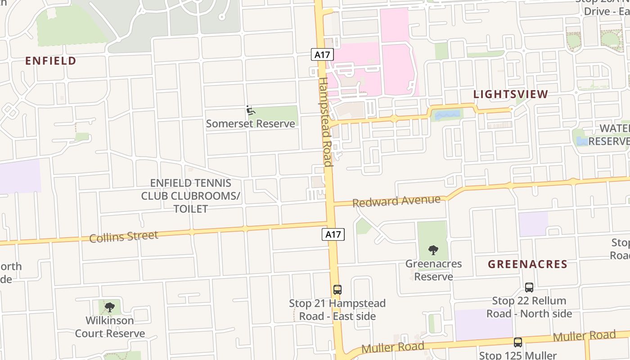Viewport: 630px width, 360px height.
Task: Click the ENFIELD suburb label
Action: pyautogui.click(x=50, y=61)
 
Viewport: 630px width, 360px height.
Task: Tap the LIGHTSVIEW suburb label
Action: pyautogui.click(x=511, y=94)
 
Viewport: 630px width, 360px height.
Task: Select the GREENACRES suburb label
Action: pyautogui.click(x=527, y=264)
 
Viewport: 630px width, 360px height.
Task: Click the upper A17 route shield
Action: pyautogui.click(x=322, y=55)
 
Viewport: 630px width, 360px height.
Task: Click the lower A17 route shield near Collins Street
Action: pyautogui.click(x=333, y=234)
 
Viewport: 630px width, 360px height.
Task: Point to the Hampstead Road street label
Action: pyautogui.click(x=325, y=121)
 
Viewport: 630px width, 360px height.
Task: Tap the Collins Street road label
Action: pyautogui.click(x=124, y=237)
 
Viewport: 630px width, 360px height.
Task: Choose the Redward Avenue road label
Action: pyautogui.click(x=396, y=201)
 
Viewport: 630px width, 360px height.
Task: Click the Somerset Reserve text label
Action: pyautogui.click(x=250, y=124)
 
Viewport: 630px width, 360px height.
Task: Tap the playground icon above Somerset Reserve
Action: pyautogui.click(x=251, y=110)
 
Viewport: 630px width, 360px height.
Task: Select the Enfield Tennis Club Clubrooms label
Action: pyautogui.click(x=191, y=196)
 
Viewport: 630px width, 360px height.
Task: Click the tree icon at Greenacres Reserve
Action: pyautogui.click(x=433, y=250)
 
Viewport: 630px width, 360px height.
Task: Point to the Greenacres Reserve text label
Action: pyautogui.click(x=433, y=270)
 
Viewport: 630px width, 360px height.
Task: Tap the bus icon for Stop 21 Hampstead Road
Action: pyautogui.click(x=337, y=290)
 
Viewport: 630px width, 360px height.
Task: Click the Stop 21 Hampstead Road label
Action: pyautogui.click(x=337, y=310)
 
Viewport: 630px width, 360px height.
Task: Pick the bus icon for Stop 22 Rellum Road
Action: pyautogui.click(x=529, y=287)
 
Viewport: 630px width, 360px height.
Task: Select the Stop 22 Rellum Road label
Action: pyautogui.click(x=529, y=307)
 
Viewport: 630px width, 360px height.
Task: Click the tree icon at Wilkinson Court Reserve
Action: pyautogui.click(x=109, y=307)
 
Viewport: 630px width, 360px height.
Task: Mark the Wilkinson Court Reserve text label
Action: pyautogui.click(x=110, y=327)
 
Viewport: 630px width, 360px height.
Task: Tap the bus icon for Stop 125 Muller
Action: pyautogui.click(x=518, y=342)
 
